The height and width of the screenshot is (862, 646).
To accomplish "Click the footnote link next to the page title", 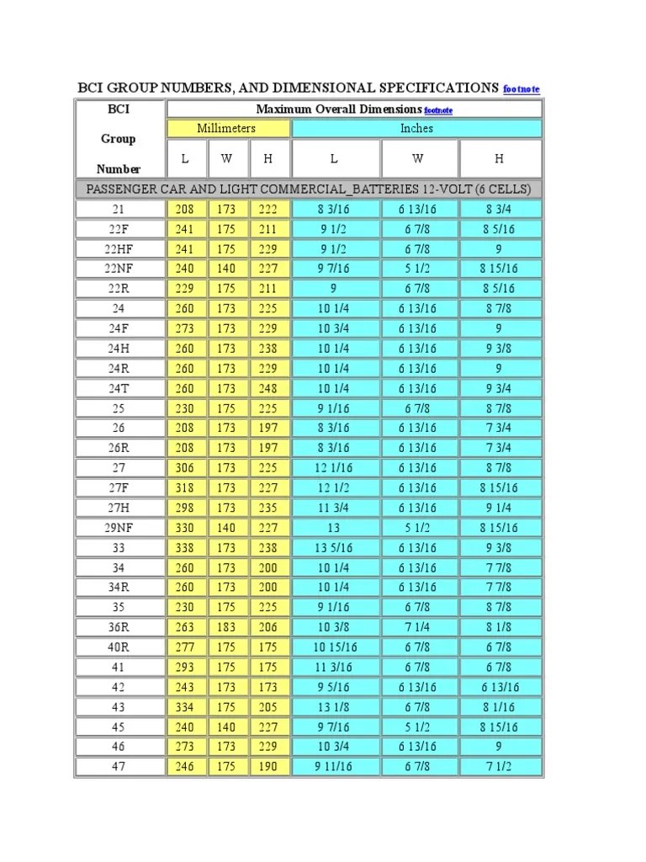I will click(521, 89).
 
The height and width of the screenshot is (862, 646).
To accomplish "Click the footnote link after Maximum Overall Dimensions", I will click(438, 110).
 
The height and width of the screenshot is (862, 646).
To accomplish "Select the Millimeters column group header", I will click(226, 128).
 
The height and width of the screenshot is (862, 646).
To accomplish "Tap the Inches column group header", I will click(416, 128).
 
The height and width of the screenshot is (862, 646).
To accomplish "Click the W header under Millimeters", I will click(227, 158).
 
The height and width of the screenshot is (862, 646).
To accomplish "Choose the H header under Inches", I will click(499, 158).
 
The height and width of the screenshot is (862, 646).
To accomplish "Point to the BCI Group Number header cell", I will click(119, 139).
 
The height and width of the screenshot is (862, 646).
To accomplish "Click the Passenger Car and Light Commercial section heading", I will click(309, 189).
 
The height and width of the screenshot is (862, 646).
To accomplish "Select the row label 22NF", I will click(119, 269).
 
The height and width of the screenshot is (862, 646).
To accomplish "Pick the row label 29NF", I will click(119, 528).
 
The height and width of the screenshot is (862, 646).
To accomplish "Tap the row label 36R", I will click(119, 627).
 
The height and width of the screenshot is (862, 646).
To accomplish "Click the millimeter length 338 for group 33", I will click(184, 548).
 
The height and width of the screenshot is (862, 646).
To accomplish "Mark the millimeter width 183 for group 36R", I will click(226, 627).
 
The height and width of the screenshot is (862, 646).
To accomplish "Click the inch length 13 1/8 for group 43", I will click(334, 707).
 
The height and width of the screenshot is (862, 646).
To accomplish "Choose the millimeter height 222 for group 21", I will click(268, 209).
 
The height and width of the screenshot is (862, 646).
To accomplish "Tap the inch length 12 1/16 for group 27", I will click(334, 468).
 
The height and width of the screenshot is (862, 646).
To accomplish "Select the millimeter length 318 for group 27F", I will click(184, 488).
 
